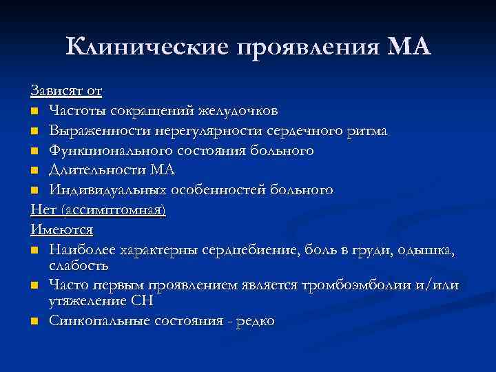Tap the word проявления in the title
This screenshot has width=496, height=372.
tap(309, 48)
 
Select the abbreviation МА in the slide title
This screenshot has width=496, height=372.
tap(409, 48)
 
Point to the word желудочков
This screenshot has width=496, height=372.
tap(238, 110)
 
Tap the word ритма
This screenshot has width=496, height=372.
tap(366, 130)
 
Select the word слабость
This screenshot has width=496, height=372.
tap(79, 265)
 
